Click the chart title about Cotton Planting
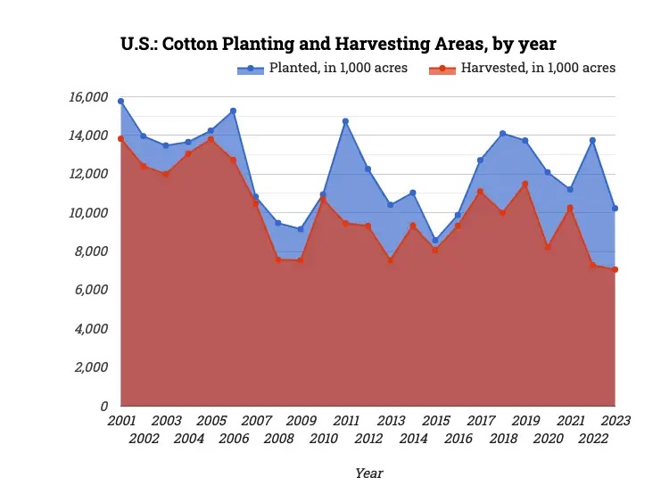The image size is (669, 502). [x=338, y=43]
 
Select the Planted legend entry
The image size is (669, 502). [x=322, y=68]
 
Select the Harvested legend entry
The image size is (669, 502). [x=522, y=68]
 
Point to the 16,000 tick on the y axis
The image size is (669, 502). [x=88, y=97]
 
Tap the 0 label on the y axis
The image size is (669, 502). [x=104, y=406]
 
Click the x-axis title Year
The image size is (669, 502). [x=368, y=473]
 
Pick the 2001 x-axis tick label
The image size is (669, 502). [x=121, y=420]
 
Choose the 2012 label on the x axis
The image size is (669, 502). [x=368, y=438]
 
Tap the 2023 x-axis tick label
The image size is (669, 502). [x=615, y=420]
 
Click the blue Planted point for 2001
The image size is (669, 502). [x=121, y=102]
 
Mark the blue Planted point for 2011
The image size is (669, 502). [x=345, y=121]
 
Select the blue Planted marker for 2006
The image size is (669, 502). [x=234, y=111]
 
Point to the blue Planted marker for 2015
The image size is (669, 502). [x=435, y=241]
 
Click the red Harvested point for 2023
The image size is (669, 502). [x=615, y=269]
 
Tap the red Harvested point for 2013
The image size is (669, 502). [x=391, y=260]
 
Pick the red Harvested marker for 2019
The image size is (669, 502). [x=525, y=184]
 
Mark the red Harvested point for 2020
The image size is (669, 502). [x=548, y=247]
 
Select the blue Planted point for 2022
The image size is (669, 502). [x=592, y=140]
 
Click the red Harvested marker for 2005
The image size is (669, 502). [x=211, y=139]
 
